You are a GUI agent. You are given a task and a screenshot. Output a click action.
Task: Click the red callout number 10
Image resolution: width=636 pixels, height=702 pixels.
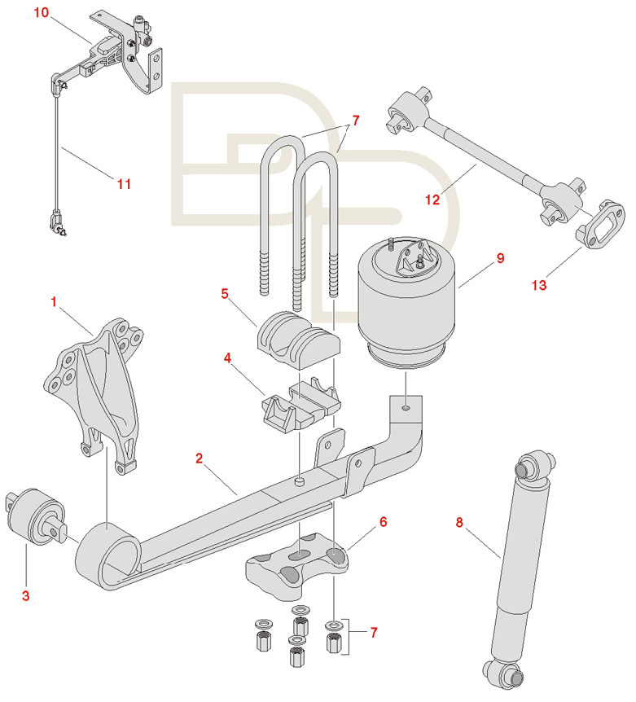pyautogui.click(x=42, y=12)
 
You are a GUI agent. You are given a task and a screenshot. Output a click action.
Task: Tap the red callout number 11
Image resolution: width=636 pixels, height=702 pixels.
pyautogui.click(x=124, y=183)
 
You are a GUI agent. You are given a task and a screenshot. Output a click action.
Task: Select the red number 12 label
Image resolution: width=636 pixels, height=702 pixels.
pyautogui.click(x=432, y=200)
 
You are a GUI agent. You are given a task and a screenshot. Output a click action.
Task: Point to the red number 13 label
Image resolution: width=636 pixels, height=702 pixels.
pyautogui.click(x=539, y=285)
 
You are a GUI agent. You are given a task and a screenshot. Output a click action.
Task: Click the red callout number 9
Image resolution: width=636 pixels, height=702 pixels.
pyautogui.click(x=500, y=258)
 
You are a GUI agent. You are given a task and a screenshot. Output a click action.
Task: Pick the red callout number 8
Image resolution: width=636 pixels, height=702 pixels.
pyautogui.click(x=459, y=522)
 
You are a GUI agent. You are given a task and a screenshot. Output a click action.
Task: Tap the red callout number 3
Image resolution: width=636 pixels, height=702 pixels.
pyautogui.click(x=25, y=595)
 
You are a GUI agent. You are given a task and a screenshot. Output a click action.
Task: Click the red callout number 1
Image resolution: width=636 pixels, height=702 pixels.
pyautogui.click(x=54, y=302)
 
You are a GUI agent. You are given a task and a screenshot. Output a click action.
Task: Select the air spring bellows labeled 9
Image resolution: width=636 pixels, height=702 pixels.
pyautogui.click(x=406, y=304)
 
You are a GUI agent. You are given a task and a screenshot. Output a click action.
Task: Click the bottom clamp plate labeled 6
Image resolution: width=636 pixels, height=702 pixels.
pyautogui.click(x=296, y=565)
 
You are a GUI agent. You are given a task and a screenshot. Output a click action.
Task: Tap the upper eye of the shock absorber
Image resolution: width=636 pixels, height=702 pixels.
pyautogui.click(x=535, y=467)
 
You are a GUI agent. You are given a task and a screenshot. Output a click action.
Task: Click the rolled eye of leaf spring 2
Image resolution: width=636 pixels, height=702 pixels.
pyautogui.click(x=107, y=555)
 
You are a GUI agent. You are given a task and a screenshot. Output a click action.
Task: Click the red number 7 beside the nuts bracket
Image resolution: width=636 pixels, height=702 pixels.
pyautogui.click(x=374, y=632)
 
